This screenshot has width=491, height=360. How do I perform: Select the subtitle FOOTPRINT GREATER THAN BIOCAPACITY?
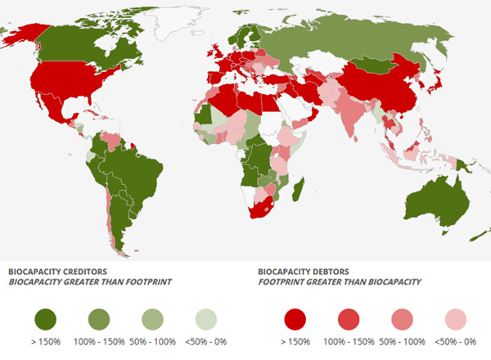[339, 281]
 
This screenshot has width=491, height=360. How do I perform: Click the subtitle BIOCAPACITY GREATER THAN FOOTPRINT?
[89, 281]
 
